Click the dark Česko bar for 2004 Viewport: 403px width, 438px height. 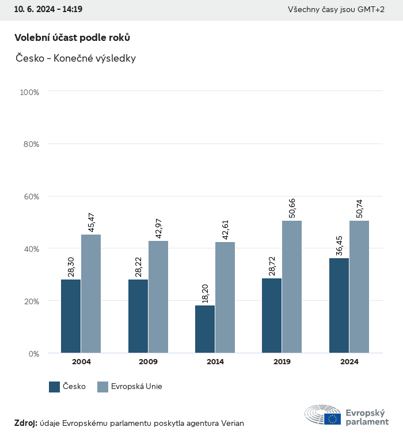[71, 316]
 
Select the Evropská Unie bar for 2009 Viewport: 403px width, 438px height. [158, 297]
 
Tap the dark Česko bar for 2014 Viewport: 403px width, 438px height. [205, 329]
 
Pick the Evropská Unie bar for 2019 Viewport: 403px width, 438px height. [292, 286]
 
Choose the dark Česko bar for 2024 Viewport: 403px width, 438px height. [339, 305]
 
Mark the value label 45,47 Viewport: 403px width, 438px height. [91, 222]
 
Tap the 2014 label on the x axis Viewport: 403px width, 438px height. [215, 362]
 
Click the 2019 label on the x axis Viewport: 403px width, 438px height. [282, 362]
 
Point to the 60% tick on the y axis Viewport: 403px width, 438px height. [30, 197]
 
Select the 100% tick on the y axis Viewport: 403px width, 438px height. [29, 92]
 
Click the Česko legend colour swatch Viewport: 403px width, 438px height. [55, 387]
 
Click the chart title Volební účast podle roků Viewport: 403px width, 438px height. [72, 37]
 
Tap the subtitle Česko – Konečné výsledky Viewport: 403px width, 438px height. [75, 58]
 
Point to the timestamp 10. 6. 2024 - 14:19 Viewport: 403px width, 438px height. [48, 10]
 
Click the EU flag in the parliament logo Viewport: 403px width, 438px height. [332, 419]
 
